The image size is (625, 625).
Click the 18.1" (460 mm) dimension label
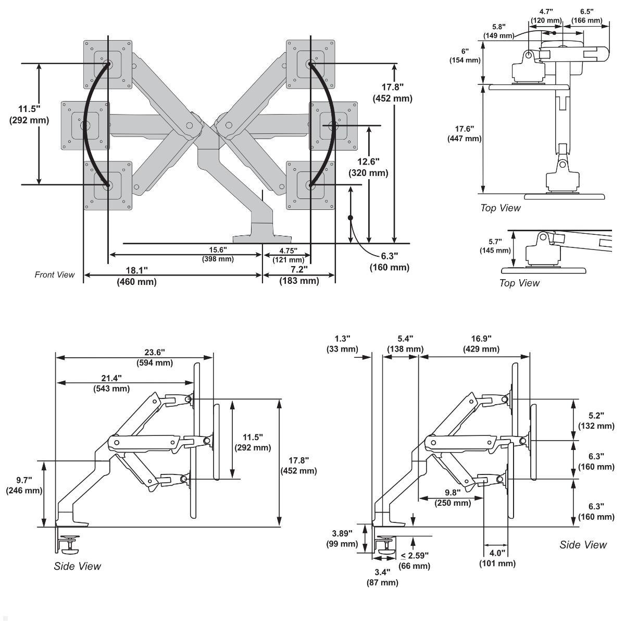136,276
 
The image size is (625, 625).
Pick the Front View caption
55,274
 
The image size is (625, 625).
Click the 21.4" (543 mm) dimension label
111,383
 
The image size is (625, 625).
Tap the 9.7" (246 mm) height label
24,485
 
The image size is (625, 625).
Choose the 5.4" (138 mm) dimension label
405,344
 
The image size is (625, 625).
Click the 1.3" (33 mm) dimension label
342,344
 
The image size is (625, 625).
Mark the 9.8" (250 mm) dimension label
453,497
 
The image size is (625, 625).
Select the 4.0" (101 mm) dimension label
497,558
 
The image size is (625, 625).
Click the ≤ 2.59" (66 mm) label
415,560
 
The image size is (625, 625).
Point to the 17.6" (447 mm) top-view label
465,134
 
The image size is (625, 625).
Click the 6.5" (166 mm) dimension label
586,16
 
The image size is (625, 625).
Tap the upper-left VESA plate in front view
108,65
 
